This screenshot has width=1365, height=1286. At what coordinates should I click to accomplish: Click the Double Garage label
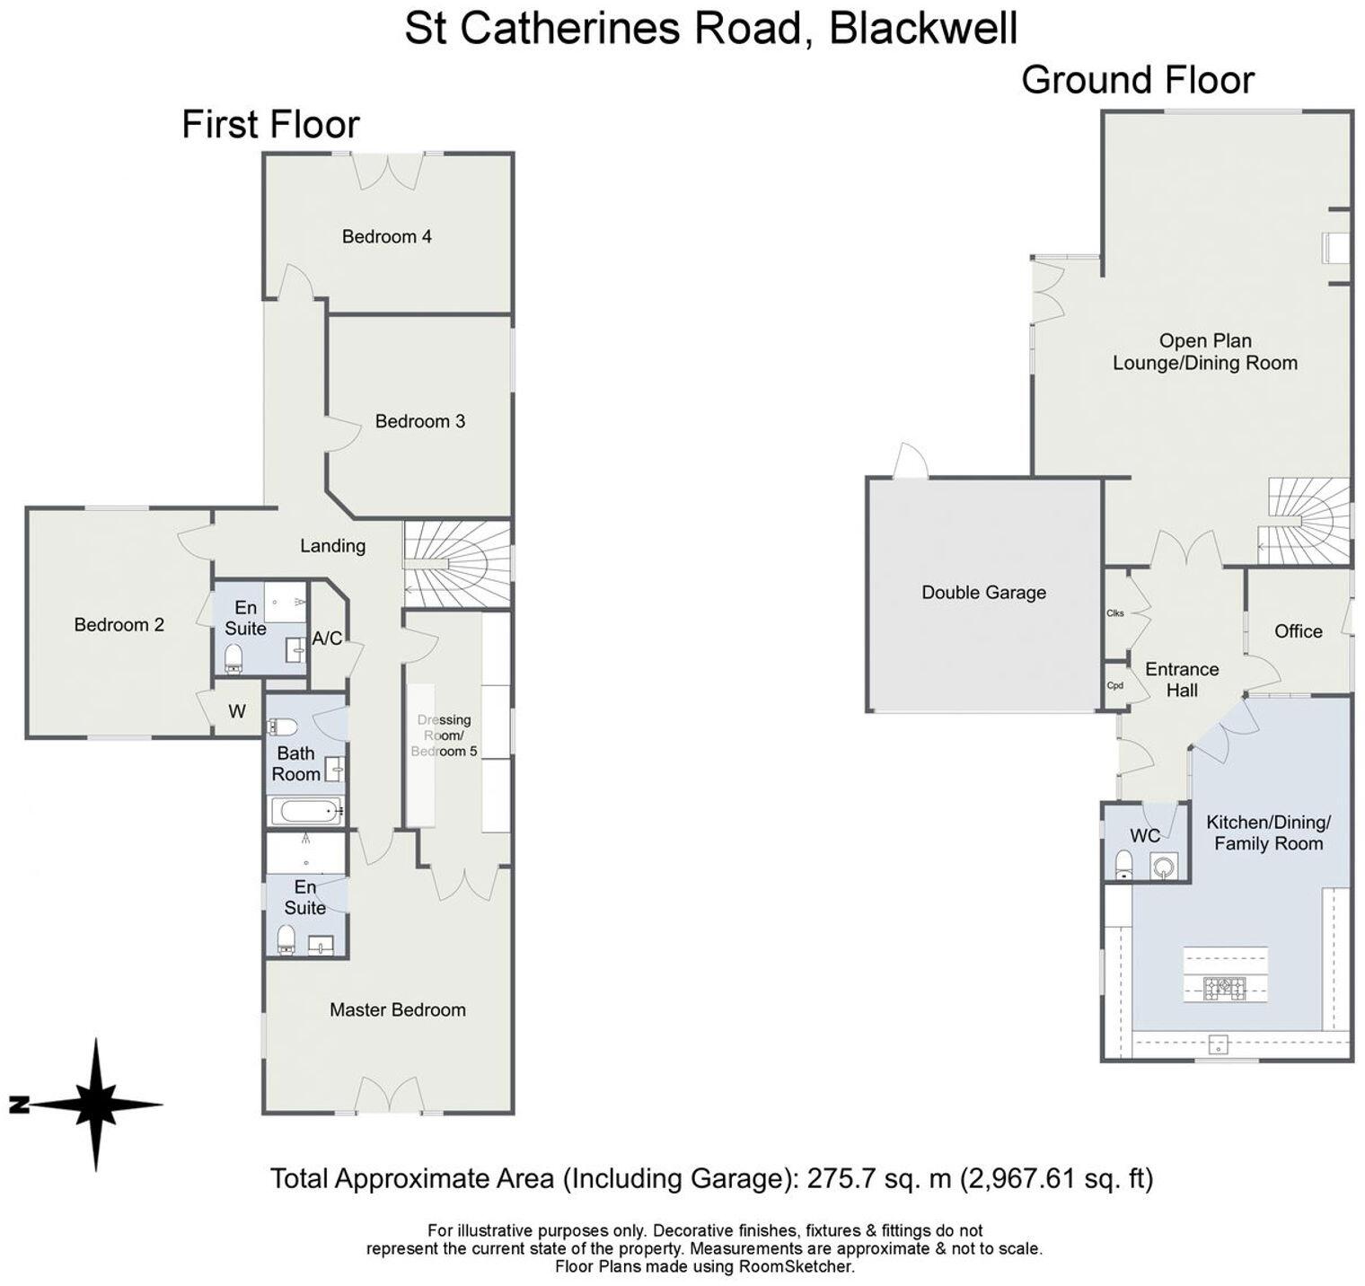[x=983, y=593]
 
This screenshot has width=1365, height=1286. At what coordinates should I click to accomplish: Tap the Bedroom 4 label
[x=386, y=236]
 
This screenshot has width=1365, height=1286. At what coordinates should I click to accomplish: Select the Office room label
[x=1298, y=631]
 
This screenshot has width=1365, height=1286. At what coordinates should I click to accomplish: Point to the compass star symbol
[x=95, y=1104]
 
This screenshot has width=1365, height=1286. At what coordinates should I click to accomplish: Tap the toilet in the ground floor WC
[x=1123, y=866]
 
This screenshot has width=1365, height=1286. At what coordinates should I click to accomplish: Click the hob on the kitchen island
[x=1225, y=989]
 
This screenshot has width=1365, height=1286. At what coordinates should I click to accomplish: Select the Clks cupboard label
[x=1115, y=613]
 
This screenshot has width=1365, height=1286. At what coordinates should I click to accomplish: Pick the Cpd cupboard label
[x=1115, y=685]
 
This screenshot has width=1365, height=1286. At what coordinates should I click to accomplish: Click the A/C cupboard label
[x=327, y=639]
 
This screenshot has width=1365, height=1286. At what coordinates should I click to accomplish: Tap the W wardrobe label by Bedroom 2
[x=236, y=712]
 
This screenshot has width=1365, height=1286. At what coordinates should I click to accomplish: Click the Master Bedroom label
[x=397, y=1009]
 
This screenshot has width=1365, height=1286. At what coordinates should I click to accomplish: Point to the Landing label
[x=332, y=545]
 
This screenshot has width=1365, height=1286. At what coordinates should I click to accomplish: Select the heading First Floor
[x=270, y=124]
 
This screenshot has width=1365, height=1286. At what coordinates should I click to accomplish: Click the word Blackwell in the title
[x=923, y=28]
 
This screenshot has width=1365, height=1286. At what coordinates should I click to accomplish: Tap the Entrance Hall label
[x=1181, y=680]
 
